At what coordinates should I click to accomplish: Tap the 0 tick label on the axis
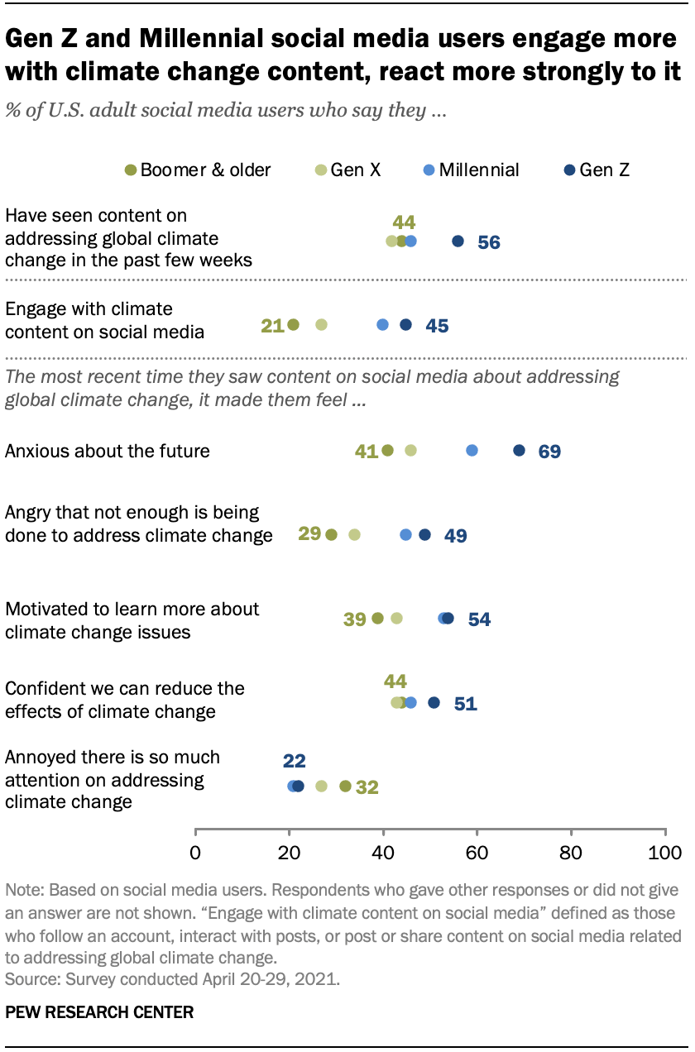195,853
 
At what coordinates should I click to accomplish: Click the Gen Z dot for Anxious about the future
519,451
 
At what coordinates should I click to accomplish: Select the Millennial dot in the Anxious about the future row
472,451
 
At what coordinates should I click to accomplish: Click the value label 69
549,452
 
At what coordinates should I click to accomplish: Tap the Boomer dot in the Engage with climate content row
293,325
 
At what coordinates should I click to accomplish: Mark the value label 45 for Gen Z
437,326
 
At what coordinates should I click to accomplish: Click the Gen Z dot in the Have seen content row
458,241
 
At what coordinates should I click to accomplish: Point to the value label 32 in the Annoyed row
367,787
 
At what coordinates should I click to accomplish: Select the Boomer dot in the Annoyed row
345,786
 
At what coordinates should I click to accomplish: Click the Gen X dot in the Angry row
354,535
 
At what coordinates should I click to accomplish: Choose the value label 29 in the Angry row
309,534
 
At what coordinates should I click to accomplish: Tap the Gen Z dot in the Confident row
434,702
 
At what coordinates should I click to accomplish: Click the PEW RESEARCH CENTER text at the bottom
99,1012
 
